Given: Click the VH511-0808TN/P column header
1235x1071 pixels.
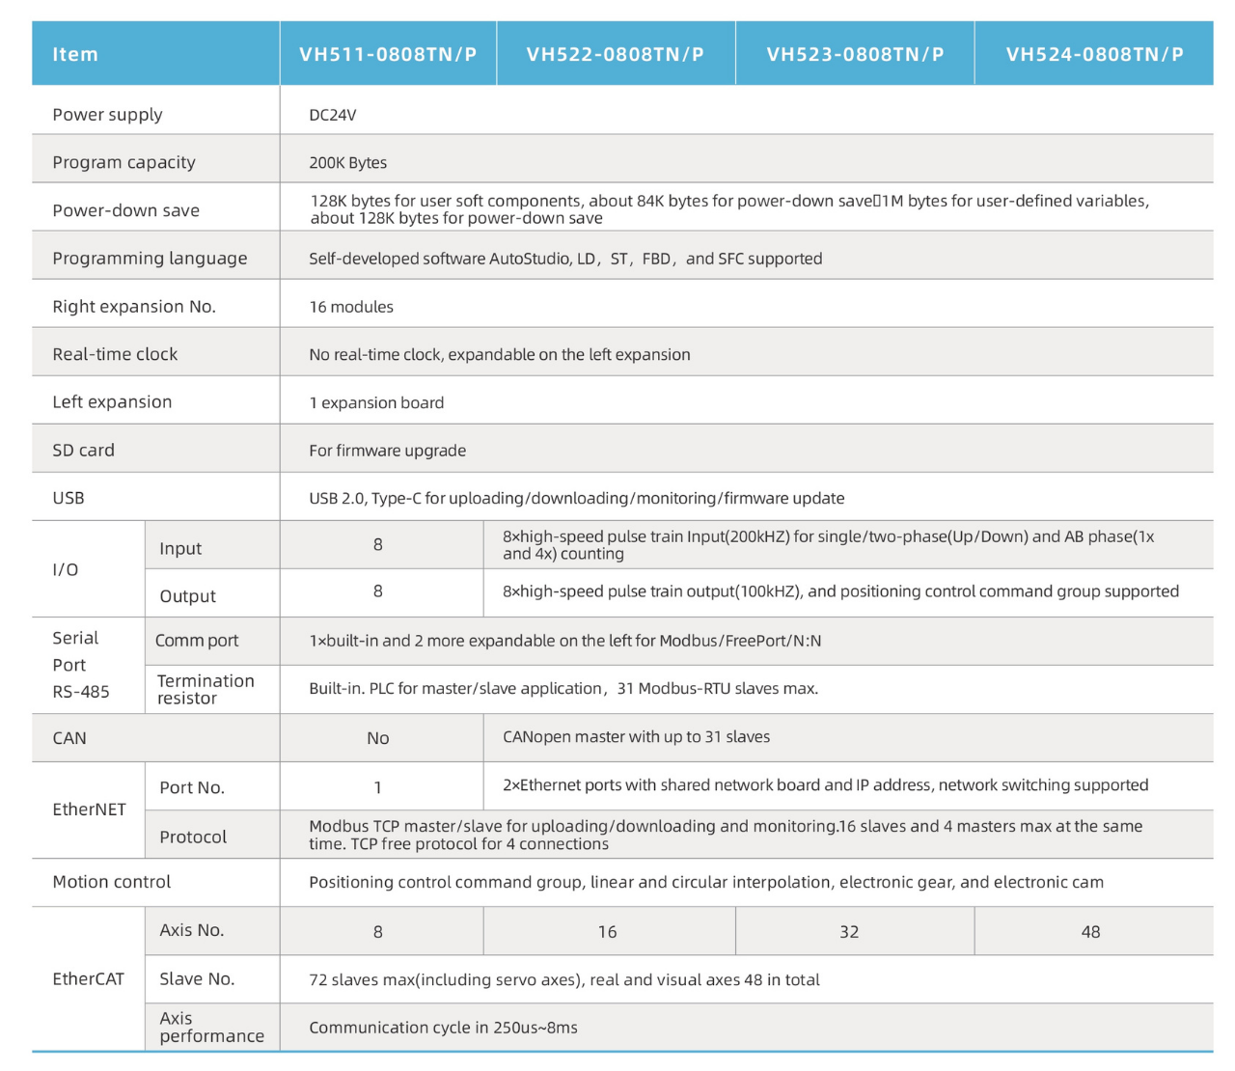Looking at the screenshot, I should (x=388, y=54).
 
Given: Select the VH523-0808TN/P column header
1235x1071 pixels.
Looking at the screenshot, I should (x=855, y=54).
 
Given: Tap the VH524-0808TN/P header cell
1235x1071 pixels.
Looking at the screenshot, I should (x=1094, y=54).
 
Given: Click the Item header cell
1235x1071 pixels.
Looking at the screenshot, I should (x=75, y=54).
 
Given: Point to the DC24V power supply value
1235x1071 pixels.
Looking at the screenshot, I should (x=333, y=115).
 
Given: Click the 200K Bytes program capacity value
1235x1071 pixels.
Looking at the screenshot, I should (x=347, y=163).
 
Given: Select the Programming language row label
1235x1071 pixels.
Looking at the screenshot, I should (x=150, y=259).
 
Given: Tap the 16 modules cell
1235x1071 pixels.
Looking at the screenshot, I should (x=351, y=307).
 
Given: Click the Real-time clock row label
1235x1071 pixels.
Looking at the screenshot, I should (x=115, y=354).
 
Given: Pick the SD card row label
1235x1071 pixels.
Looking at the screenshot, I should (x=83, y=451).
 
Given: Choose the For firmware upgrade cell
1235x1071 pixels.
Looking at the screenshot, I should (x=387, y=451).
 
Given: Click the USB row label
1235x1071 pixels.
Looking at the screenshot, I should (x=69, y=498).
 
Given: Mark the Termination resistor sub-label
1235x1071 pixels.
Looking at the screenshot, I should (x=205, y=689).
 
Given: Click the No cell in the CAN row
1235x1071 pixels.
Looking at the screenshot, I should (x=378, y=738).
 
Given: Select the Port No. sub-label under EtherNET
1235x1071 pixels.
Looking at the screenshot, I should (x=192, y=787).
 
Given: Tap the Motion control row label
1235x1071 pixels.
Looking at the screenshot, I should (x=111, y=882).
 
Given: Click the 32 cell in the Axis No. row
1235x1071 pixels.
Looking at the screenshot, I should (x=849, y=932).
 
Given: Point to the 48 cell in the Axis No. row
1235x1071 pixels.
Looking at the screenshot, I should (x=1090, y=932).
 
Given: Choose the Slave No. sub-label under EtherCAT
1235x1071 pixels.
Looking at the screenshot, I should (x=197, y=979).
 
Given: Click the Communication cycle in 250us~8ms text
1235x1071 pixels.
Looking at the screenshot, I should (x=443, y=1028).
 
